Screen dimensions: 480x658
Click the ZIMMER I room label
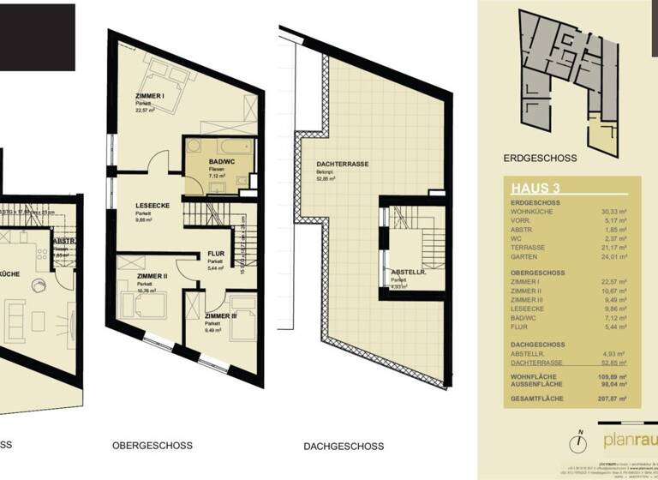(x=150, y=95)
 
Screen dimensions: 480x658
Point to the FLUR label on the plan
(x=215, y=253)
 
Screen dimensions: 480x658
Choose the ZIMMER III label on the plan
(x=222, y=316)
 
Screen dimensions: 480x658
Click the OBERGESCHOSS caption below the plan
(x=153, y=446)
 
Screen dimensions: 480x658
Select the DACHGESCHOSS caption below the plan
(x=343, y=446)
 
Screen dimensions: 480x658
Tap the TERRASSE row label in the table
(x=526, y=246)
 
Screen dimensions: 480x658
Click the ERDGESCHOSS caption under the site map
(x=541, y=158)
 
